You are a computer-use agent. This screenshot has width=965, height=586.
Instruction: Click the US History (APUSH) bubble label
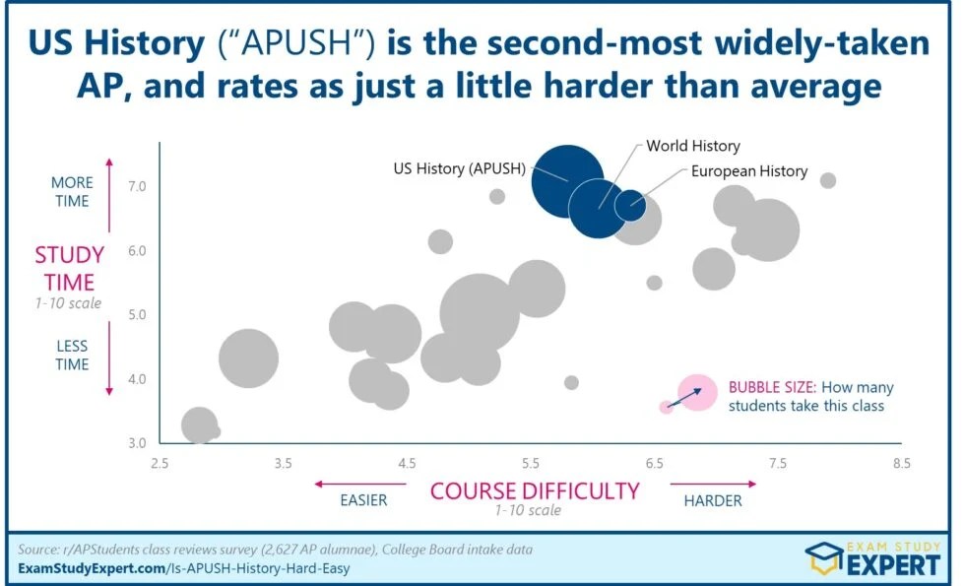[459, 168]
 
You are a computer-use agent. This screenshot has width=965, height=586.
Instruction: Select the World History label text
[692, 146]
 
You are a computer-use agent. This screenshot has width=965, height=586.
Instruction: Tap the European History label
[748, 171]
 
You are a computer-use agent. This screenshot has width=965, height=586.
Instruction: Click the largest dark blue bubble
[564, 177]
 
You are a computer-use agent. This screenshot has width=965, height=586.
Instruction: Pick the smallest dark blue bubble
[630, 206]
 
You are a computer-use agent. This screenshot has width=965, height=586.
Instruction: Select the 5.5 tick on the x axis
[530, 463]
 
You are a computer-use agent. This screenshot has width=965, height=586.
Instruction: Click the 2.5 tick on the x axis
[160, 463]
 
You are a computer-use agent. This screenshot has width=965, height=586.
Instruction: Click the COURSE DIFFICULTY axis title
[536, 489]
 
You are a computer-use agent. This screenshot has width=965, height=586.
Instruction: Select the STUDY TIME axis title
[69, 269]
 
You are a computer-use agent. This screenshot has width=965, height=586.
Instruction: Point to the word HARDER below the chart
[712, 500]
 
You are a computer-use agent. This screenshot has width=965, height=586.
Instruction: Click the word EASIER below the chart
[363, 500]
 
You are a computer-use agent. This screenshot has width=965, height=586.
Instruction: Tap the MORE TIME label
[71, 192]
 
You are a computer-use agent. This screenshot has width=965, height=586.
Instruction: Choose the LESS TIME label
[71, 355]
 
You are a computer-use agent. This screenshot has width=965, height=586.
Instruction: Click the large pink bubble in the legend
[697, 392]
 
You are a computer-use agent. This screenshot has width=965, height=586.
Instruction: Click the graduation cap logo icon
[824, 556]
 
